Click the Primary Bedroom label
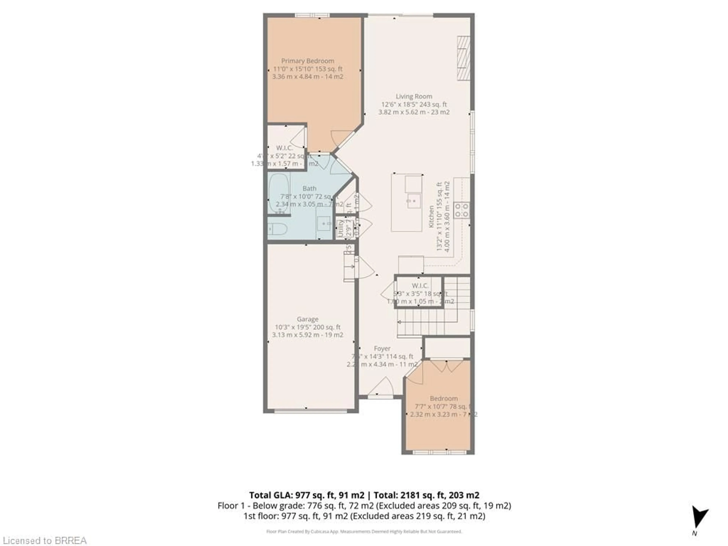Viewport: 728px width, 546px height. [x=307, y=61]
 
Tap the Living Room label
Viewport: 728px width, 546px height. [x=414, y=96]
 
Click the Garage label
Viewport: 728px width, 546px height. [x=307, y=319]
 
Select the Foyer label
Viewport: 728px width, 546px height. [x=382, y=348]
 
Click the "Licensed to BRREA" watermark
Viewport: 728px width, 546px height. [x=44, y=540]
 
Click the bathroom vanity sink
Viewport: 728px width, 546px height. [x=324, y=224]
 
